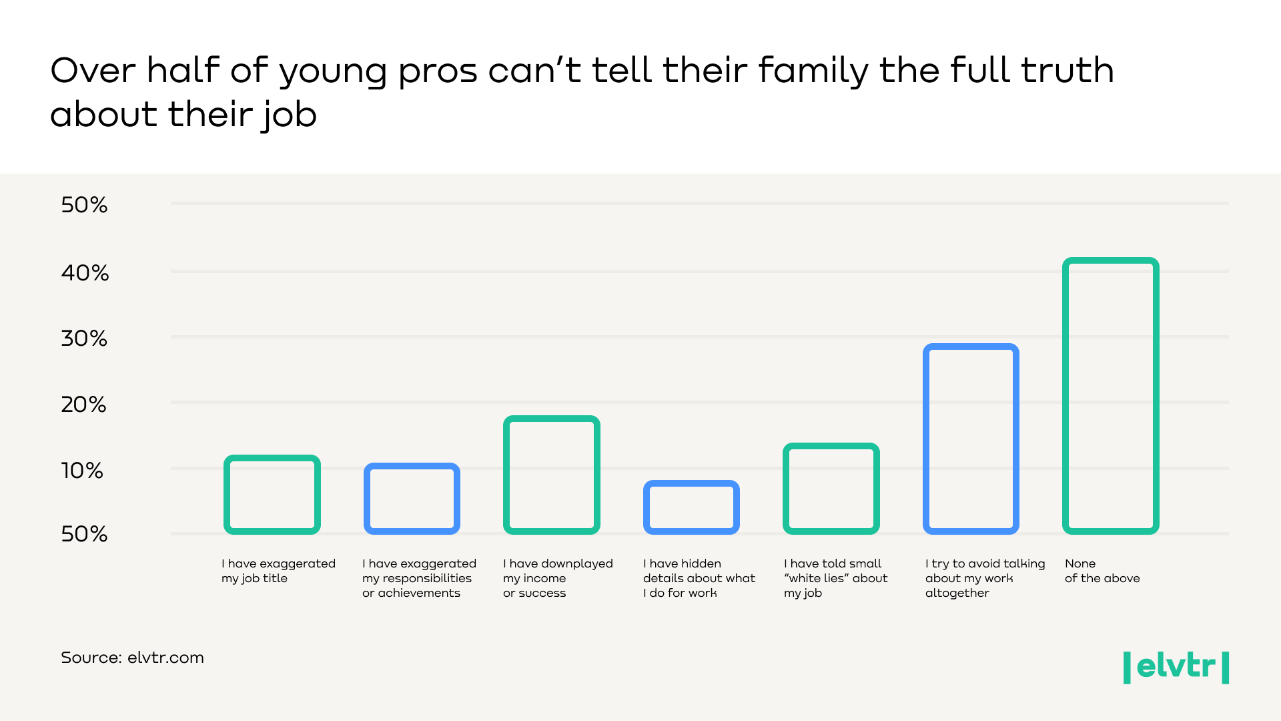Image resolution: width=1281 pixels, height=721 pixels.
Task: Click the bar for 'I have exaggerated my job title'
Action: tap(272, 495)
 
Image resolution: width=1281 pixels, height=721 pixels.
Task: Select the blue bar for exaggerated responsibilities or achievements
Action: tap(412, 499)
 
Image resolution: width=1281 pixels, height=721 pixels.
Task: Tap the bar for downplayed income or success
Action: tap(552, 475)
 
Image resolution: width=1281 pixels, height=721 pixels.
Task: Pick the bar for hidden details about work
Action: tap(691, 507)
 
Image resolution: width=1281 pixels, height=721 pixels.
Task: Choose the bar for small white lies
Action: tap(831, 489)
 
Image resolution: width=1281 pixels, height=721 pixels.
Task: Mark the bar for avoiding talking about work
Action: tap(971, 439)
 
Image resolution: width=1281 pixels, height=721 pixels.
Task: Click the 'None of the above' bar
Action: tap(1110, 396)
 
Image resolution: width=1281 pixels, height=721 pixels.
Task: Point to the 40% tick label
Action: tap(85, 272)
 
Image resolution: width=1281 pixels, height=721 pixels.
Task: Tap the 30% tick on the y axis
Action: tap(84, 338)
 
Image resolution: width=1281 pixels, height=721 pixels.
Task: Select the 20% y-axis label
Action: tap(84, 405)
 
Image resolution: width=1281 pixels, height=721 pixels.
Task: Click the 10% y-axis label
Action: tap(82, 471)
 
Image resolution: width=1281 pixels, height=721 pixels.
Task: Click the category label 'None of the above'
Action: tap(1102, 571)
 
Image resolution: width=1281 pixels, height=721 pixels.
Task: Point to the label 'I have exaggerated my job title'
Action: tap(278, 571)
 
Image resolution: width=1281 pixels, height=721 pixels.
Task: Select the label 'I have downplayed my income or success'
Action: tap(557, 578)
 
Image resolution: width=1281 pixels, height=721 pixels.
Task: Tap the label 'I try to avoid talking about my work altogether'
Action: tap(985, 578)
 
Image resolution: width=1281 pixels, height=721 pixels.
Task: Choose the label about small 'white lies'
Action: tap(835, 578)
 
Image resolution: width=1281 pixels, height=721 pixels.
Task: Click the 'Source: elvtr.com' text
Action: tap(132, 658)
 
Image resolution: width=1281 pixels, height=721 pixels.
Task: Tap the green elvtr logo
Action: tap(1176, 667)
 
